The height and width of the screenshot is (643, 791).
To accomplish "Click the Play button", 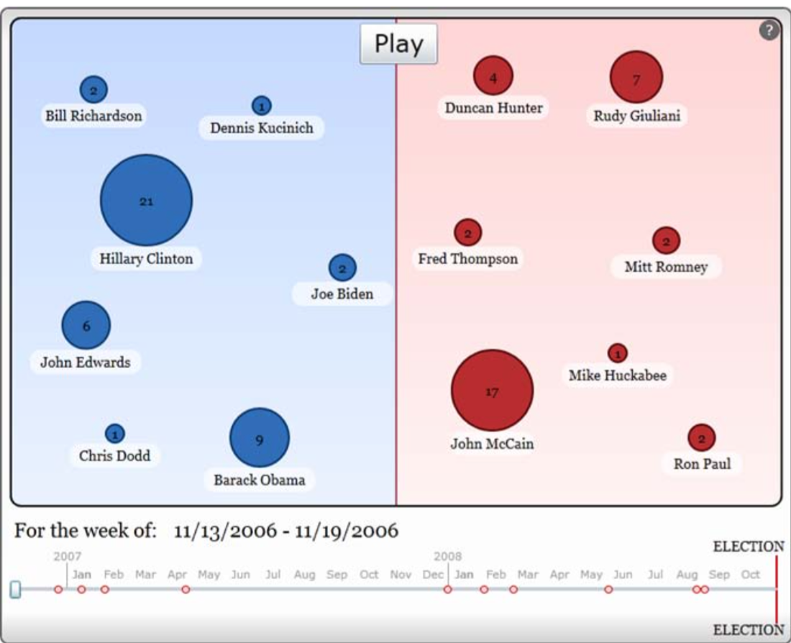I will point(398,44).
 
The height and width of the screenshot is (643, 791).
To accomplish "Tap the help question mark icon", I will point(769,30).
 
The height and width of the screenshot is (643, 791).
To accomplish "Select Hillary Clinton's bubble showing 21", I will point(146,201).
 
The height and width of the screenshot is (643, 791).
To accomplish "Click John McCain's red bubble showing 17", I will point(492,391).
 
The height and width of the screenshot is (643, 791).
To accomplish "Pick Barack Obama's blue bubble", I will point(260,438).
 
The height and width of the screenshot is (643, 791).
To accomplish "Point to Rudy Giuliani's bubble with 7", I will point(636,77).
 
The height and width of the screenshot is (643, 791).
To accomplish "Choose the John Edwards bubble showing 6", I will point(86,325).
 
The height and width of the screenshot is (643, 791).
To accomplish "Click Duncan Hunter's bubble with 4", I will point(493,76).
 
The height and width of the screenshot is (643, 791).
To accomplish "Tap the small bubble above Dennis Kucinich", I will point(261,106).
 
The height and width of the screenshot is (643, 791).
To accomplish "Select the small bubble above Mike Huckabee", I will point(617,353).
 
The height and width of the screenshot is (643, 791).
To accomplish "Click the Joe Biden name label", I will point(342,293).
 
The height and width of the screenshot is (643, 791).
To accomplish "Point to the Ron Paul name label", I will point(702,464).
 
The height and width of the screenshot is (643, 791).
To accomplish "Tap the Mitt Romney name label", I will point(666,267).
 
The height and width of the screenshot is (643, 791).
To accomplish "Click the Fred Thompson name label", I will point(468,259).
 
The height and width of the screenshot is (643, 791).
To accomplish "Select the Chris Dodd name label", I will point(114,455).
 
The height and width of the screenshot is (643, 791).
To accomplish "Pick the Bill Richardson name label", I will point(93,115).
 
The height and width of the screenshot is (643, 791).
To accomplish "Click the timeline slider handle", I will point(15,589).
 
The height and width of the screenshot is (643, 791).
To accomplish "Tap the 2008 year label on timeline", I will point(447,556).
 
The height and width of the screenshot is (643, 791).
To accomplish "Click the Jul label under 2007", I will point(273,574).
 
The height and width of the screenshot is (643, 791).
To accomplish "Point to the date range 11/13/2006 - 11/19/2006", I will point(285,532).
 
